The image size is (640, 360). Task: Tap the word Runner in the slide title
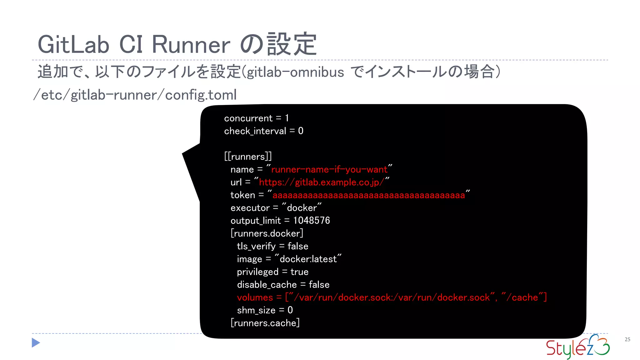191,45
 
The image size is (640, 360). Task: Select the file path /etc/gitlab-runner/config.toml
135,95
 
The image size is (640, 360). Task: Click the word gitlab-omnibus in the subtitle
295,72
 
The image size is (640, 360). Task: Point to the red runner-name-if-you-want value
329,169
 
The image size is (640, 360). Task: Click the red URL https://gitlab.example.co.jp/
322,182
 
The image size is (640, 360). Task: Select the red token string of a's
369,195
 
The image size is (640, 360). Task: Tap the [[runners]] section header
248,156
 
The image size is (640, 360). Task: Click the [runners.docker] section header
267,233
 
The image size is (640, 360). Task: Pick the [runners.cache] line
265,323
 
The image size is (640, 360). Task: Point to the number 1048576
311,221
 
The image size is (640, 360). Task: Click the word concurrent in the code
248,118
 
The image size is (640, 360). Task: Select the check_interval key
255,131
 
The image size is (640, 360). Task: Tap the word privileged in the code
257,272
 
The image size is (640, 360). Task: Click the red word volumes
255,297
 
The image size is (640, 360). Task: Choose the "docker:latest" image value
308,259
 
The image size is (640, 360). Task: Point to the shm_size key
256,310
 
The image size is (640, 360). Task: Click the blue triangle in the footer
36,343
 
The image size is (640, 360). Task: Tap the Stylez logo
577,347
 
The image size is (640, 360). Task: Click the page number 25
627,339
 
